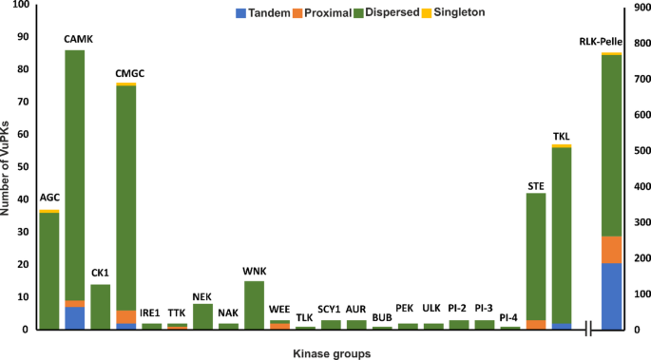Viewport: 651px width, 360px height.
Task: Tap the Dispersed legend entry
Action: point(434,13)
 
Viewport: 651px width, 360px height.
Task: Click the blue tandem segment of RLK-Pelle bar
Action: point(611,296)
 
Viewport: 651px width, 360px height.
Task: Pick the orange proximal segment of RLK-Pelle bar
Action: point(611,250)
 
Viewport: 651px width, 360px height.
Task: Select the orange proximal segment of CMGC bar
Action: point(125,316)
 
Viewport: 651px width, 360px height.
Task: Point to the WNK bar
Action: point(254,305)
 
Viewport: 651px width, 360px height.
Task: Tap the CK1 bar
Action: point(100,307)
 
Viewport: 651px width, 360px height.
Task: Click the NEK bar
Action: point(202,316)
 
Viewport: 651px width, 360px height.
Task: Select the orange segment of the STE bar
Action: point(535,325)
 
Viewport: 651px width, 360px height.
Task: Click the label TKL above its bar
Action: point(561,137)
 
